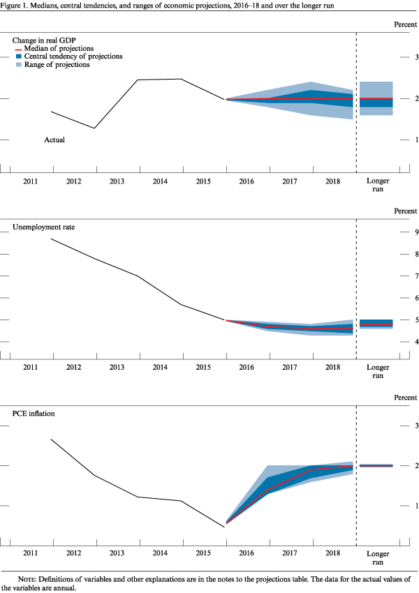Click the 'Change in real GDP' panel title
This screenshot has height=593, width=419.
click(43, 39)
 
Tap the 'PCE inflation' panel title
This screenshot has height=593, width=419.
click(33, 413)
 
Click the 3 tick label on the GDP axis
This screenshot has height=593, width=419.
click(417, 57)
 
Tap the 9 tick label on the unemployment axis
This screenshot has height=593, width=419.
click(417, 232)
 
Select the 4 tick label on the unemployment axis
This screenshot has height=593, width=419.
click(417, 342)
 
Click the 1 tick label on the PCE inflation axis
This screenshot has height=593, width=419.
click(417, 505)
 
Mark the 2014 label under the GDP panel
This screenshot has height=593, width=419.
click(160, 181)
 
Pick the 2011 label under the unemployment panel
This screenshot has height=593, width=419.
click(30, 367)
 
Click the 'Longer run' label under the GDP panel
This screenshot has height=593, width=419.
click(378, 185)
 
